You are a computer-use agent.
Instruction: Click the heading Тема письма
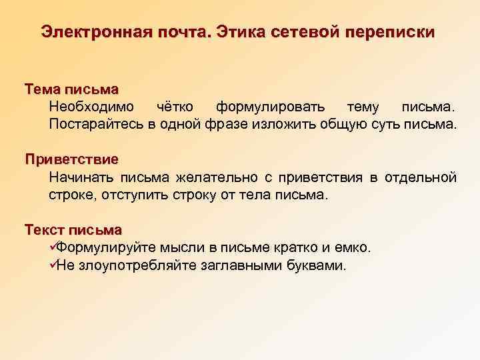point(71,89)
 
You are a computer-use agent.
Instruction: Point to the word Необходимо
point(91,107)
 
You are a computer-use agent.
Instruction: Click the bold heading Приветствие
point(71,159)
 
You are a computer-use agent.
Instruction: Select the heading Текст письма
point(73,230)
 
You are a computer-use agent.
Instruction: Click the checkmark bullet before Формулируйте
point(54,248)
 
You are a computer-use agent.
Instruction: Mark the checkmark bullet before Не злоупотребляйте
point(54,265)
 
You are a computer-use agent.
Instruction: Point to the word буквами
point(317,265)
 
